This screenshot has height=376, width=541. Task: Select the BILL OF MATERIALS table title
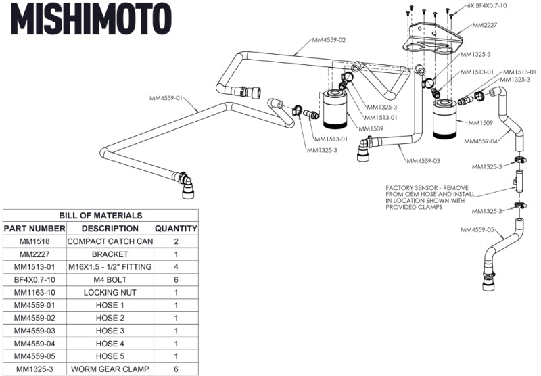tap(100, 215)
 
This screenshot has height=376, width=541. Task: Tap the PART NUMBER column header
tap(34, 229)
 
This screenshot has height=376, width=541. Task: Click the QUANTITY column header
tap(176, 229)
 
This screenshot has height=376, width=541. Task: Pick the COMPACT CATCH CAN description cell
tap(110, 241)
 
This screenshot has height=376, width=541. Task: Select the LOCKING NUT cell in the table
tap(110, 293)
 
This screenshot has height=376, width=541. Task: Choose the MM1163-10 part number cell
tap(34, 293)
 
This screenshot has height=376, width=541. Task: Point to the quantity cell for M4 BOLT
tap(176, 280)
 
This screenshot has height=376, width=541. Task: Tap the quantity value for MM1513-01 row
tap(176, 267)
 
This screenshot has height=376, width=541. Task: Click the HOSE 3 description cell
tap(110, 331)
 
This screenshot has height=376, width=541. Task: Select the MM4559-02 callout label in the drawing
tap(329, 40)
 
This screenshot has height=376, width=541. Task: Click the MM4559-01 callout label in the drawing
tap(166, 98)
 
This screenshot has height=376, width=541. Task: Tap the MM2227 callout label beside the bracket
tap(486, 25)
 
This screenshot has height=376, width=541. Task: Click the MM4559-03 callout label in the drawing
tap(423, 162)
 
